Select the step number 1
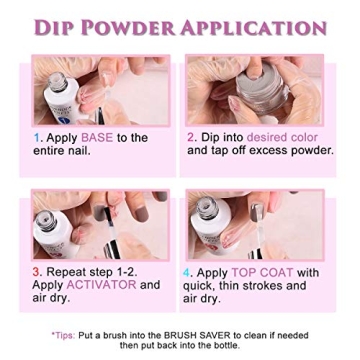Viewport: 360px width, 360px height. [37, 138]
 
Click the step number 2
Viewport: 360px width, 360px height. [191, 138]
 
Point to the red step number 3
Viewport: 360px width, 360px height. [37, 271]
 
